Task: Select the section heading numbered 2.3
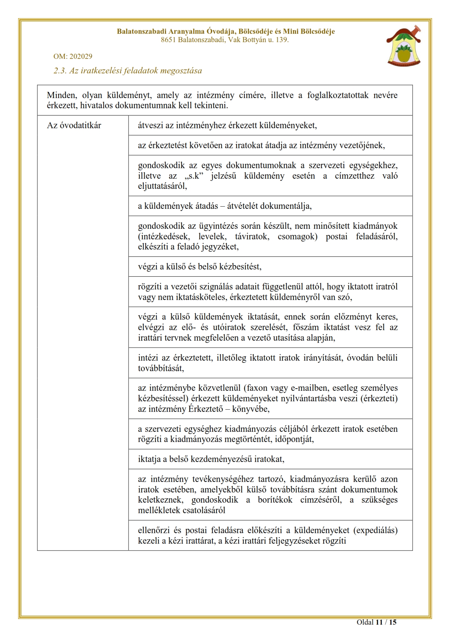(x=127, y=70)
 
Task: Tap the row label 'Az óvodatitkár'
(x=74, y=125)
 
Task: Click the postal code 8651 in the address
(x=168, y=40)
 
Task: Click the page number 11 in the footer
(x=379, y=622)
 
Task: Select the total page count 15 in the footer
(x=393, y=622)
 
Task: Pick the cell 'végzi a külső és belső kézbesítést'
(x=199, y=267)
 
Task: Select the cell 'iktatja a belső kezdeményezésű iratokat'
(x=211, y=459)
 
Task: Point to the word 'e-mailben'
(x=309, y=388)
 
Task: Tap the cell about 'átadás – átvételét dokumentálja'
(x=224, y=206)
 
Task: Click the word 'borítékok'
(x=275, y=500)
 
